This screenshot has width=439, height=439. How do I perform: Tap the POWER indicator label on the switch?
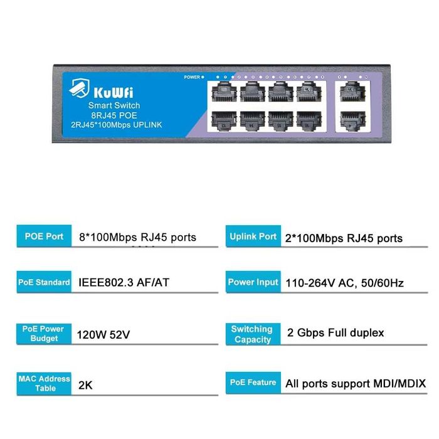(x=192, y=77)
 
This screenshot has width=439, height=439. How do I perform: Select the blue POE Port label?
(x=44, y=236)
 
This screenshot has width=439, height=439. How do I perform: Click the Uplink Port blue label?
(x=253, y=236)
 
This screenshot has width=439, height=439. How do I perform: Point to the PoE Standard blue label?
(x=44, y=282)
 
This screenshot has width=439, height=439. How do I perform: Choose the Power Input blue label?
(x=253, y=282)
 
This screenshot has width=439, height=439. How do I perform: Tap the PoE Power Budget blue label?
(x=44, y=333)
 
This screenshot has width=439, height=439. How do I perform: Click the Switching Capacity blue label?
(x=252, y=334)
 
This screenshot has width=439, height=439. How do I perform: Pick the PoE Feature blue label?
(x=253, y=382)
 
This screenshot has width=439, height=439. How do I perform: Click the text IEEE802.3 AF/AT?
(x=124, y=283)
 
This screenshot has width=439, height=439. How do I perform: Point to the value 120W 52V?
(x=103, y=334)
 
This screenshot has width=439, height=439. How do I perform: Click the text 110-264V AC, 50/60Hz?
(x=344, y=283)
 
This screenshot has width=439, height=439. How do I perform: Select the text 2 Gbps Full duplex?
(x=336, y=332)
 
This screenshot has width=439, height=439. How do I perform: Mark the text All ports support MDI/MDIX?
(x=356, y=383)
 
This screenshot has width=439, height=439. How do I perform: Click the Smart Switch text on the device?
(x=114, y=105)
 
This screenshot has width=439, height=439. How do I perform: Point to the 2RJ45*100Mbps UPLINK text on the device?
(x=114, y=125)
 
